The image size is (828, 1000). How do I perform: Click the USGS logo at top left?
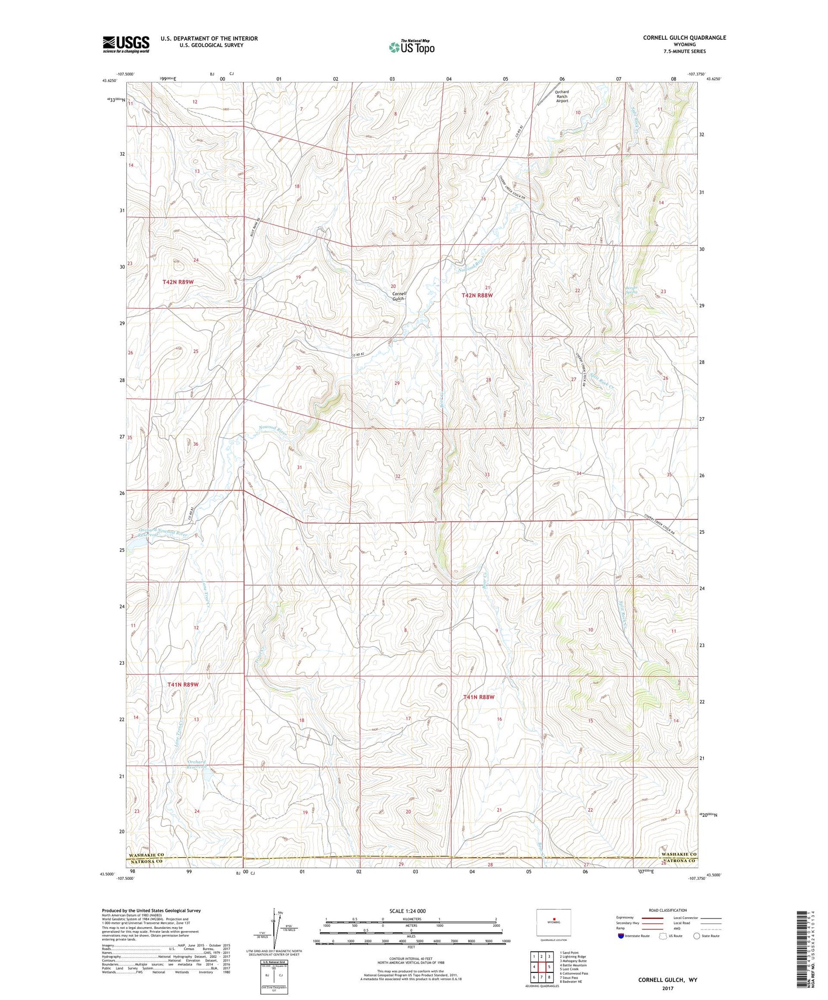tap(126, 44)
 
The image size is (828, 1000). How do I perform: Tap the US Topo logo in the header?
tap(411, 47)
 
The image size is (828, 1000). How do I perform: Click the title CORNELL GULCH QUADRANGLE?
tap(684, 38)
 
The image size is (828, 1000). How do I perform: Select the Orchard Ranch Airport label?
tap(561, 97)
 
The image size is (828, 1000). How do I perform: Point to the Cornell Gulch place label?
tap(399, 296)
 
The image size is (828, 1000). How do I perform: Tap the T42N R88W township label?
tap(476, 296)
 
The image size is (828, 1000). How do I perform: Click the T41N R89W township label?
tap(182, 685)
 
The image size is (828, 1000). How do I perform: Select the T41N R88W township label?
tap(479, 697)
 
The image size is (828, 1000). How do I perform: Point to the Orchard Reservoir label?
tap(197, 764)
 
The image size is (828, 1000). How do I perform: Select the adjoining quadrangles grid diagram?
tap(542, 966)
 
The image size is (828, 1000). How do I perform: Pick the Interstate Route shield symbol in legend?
tap(622, 936)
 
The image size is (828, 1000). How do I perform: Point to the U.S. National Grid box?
tap(274, 975)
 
